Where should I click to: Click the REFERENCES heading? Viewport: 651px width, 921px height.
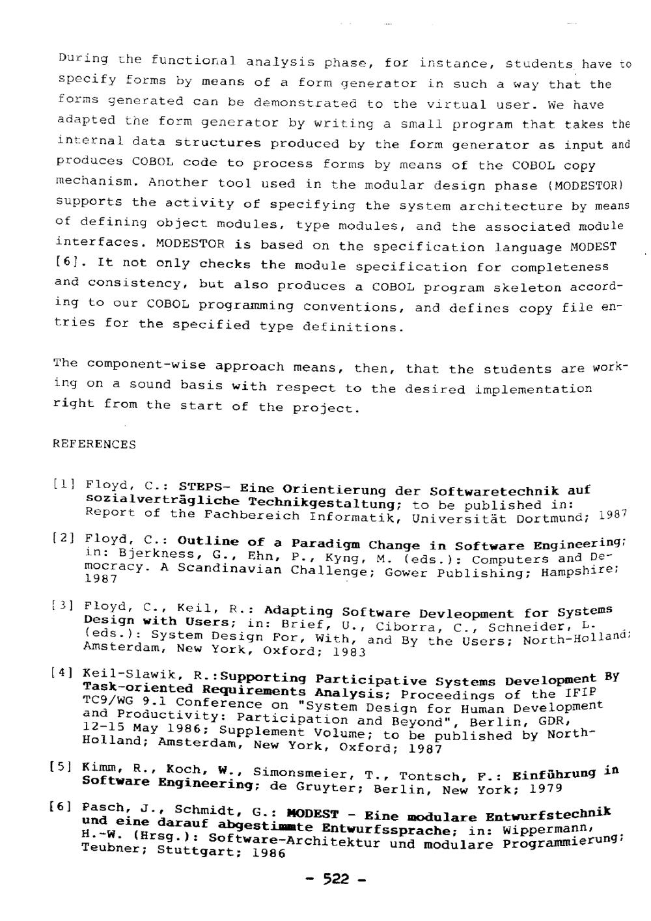94,445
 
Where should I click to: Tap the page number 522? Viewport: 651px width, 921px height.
336,879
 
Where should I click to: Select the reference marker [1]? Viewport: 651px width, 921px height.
65,484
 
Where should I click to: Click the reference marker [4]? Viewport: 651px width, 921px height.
66,672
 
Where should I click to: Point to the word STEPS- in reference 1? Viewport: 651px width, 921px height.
205,488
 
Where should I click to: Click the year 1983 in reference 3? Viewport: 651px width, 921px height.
349,651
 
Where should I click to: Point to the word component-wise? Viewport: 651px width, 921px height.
146,364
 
